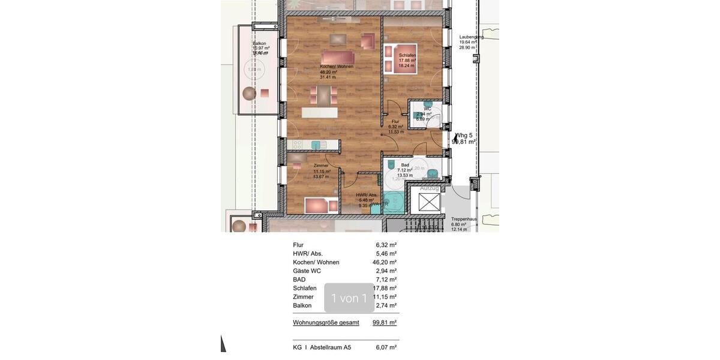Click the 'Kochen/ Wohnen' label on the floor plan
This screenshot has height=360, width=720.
point(337,67)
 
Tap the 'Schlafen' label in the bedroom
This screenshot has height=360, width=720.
point(407,55)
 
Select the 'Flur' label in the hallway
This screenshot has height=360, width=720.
point(395,122)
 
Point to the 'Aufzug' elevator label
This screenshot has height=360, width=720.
point(429,188)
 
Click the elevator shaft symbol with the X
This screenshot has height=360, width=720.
point(429,202)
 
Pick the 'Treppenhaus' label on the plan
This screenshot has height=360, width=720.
point(464,219)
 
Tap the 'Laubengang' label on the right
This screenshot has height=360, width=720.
point(472,37)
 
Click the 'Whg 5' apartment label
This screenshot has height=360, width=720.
point(464,136)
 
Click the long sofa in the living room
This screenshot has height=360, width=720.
point(337,58)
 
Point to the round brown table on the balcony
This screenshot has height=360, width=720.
point(249,94)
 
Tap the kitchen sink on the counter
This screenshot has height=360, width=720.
point(316,145)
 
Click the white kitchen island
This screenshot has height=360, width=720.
point(319,112)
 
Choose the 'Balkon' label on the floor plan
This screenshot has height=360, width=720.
point(259,43)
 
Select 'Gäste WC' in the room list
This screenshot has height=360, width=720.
point(307,271)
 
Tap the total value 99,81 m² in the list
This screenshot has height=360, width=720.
point(385,323)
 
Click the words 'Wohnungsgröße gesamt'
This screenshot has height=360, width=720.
point(326,323)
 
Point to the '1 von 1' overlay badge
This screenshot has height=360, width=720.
point(349,298)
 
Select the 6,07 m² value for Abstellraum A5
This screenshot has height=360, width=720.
point(386,347)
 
